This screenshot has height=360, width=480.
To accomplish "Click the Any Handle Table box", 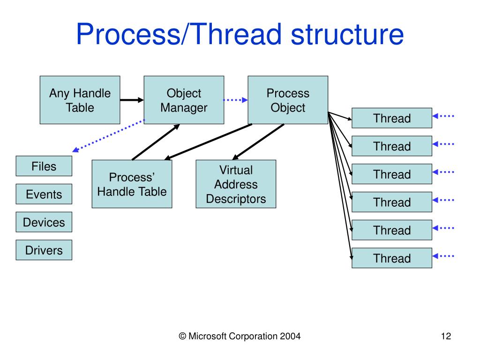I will pyautogui.click(x=80, y=100).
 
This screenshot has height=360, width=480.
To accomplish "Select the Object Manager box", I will pyautogui.click(x=184, y=100).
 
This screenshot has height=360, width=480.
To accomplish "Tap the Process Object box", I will pyautogui.click(x=288, y=100).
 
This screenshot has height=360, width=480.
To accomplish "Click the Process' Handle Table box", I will pyautogui.click(x=132, y=184).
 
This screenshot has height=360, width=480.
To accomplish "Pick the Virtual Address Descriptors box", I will pyautogui.click(x=236, y=184).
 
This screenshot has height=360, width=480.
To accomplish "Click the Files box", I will pyautogui.click(x=44, y=166).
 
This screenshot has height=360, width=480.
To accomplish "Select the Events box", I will pyautogui.click(x=44, y=194).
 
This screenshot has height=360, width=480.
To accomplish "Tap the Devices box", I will pyautogui.click(x=44, y=222).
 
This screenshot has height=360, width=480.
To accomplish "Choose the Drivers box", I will pyautogui.click(x=44, y=250).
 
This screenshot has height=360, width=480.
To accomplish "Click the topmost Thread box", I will pyautogui.click(x=392, y=118).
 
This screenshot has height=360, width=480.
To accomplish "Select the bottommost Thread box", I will pyautogui.click(x=392, y=258).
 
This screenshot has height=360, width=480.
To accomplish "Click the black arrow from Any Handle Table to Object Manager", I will pyautogui.click(x=131, y=100).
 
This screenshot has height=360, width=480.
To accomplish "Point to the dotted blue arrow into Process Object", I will pyautogui.click(x=235, y=100).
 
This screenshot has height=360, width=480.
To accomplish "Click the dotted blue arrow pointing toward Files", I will pyautogui.click(x=108, y=135).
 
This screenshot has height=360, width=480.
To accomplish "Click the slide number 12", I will pyautogui.click(x=446, y=336).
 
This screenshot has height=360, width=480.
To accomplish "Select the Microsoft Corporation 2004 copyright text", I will pyautogui.click(x=240, y=336).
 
